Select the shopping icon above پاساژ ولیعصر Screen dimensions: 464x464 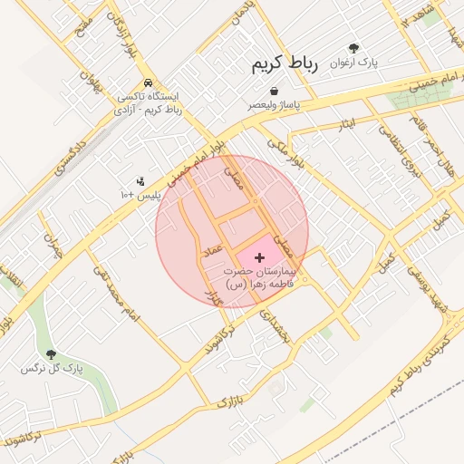click(x=274, y=91)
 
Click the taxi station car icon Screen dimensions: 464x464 click(x=147, y=82)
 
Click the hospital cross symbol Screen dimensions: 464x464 click(x=261, y=258)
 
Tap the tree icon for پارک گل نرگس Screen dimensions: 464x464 click(x=51, y=354)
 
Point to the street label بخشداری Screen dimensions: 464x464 click(x=273, y=327)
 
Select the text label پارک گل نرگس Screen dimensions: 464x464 click(x=53, y=370)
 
